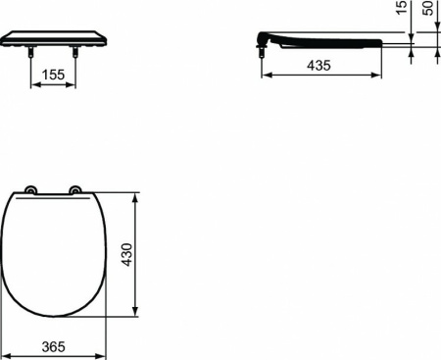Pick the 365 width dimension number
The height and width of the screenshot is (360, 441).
pyautogui.click(x=55, y=345)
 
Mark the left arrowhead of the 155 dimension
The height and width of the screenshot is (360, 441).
pyautogui.click(x=35, y=84)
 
